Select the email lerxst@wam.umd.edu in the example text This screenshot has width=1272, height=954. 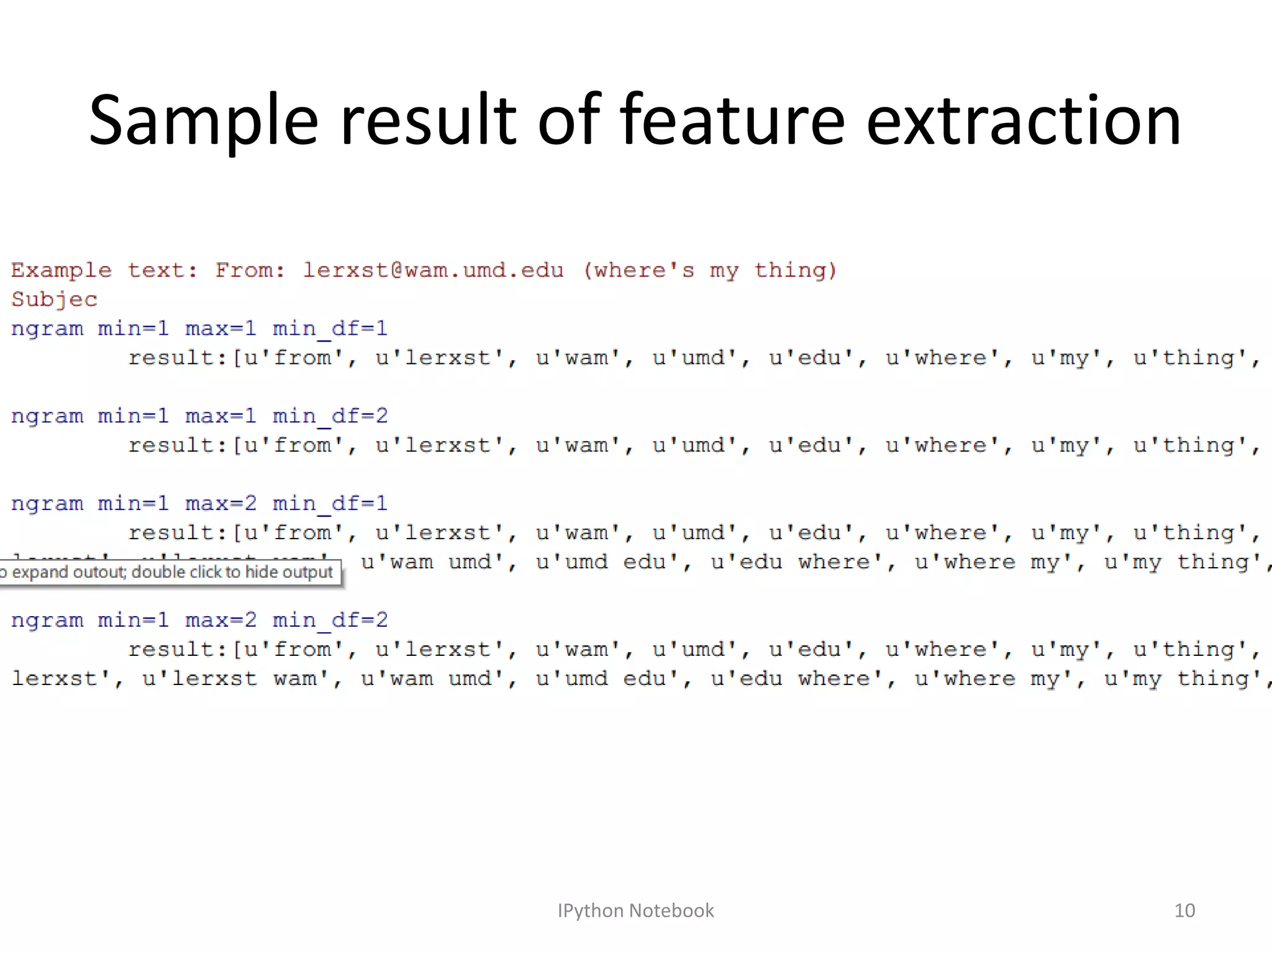433,271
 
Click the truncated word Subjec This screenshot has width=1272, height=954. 55,300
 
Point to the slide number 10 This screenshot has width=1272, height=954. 1184,911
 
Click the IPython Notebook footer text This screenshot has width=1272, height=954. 635,911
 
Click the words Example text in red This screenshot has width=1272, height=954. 104,271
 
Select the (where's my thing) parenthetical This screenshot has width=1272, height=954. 710,271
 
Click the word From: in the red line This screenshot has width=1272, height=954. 250,271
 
